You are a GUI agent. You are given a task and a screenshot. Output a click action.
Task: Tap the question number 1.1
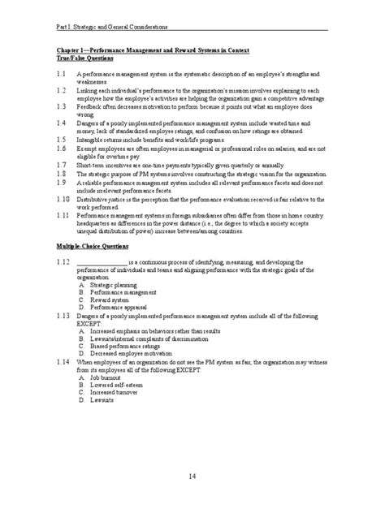click(x=62, y=72)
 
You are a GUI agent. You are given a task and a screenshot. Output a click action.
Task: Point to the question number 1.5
click(x=62, y=139)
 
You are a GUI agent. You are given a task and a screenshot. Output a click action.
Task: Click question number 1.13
click(x=63, y=312)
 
